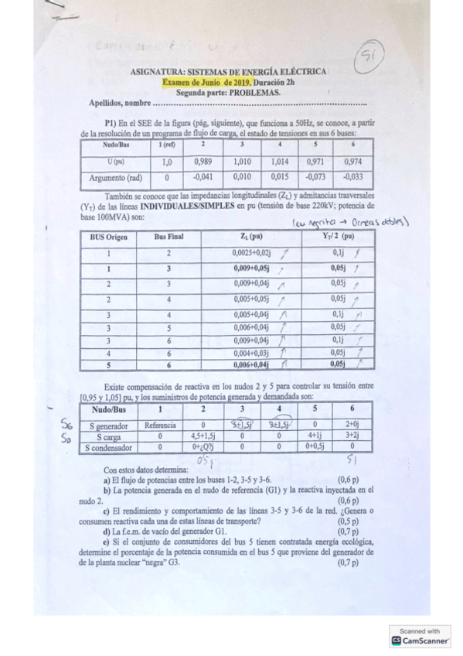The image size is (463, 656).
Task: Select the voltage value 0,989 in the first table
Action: (203, 162)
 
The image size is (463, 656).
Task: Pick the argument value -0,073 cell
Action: (314, 176)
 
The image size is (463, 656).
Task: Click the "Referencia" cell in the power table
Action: (160, 425)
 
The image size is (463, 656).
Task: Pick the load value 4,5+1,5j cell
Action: (203, 436)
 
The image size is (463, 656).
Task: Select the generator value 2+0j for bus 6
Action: (352, 425)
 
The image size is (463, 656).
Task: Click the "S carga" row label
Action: (111, 436)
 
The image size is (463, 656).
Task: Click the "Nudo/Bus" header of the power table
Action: (111, 410)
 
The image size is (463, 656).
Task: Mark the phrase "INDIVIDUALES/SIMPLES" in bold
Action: (185, 208)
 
